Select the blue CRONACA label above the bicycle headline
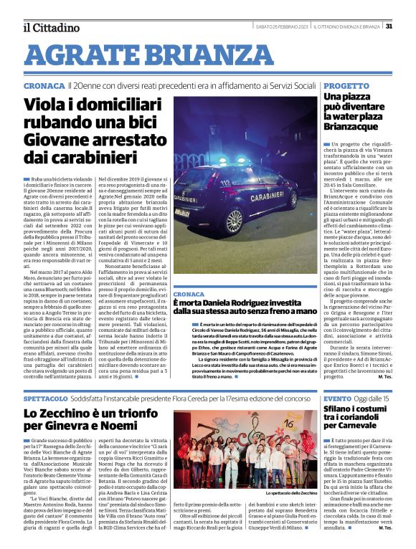click(44, 85)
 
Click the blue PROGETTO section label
click(346, 85)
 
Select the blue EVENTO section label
click(337, 398)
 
